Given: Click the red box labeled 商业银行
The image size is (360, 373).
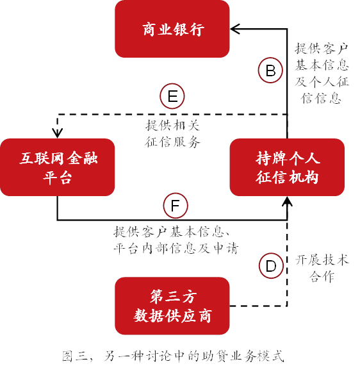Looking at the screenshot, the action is (172, 29).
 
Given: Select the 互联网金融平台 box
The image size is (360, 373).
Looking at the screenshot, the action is (57, 167).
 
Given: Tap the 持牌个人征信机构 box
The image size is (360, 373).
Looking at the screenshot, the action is (287, 167).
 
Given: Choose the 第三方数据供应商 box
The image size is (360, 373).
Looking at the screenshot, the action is (172, 306).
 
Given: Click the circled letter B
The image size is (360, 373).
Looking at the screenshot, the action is (270, 70).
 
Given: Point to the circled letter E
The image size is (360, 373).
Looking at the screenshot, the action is (172, 96).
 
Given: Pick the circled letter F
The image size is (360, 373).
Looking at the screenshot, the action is (176, 206).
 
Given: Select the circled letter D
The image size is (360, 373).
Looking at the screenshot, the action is (271, 266).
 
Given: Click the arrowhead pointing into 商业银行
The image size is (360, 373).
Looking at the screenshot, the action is (235, 29).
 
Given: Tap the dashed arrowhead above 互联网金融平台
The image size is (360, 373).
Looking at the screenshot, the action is (57, 133).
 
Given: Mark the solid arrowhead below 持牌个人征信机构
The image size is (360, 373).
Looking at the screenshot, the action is (287, 201).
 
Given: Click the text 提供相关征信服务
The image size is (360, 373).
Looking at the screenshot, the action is (172, 134).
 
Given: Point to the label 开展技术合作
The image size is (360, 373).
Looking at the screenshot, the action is (322, 269).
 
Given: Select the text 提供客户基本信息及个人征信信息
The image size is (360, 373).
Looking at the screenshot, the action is (322, 73).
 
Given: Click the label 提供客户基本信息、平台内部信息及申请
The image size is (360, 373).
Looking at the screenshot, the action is (176, 240).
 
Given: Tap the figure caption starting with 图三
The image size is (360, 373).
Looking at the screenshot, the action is (173, 356).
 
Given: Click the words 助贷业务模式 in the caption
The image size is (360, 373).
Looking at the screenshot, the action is (243, 356).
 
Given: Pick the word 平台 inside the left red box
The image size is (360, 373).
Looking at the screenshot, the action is (57, 178).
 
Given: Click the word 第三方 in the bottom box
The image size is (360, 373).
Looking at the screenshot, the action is (174, 296).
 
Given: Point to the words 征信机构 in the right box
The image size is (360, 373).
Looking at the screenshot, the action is (287, 178).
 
